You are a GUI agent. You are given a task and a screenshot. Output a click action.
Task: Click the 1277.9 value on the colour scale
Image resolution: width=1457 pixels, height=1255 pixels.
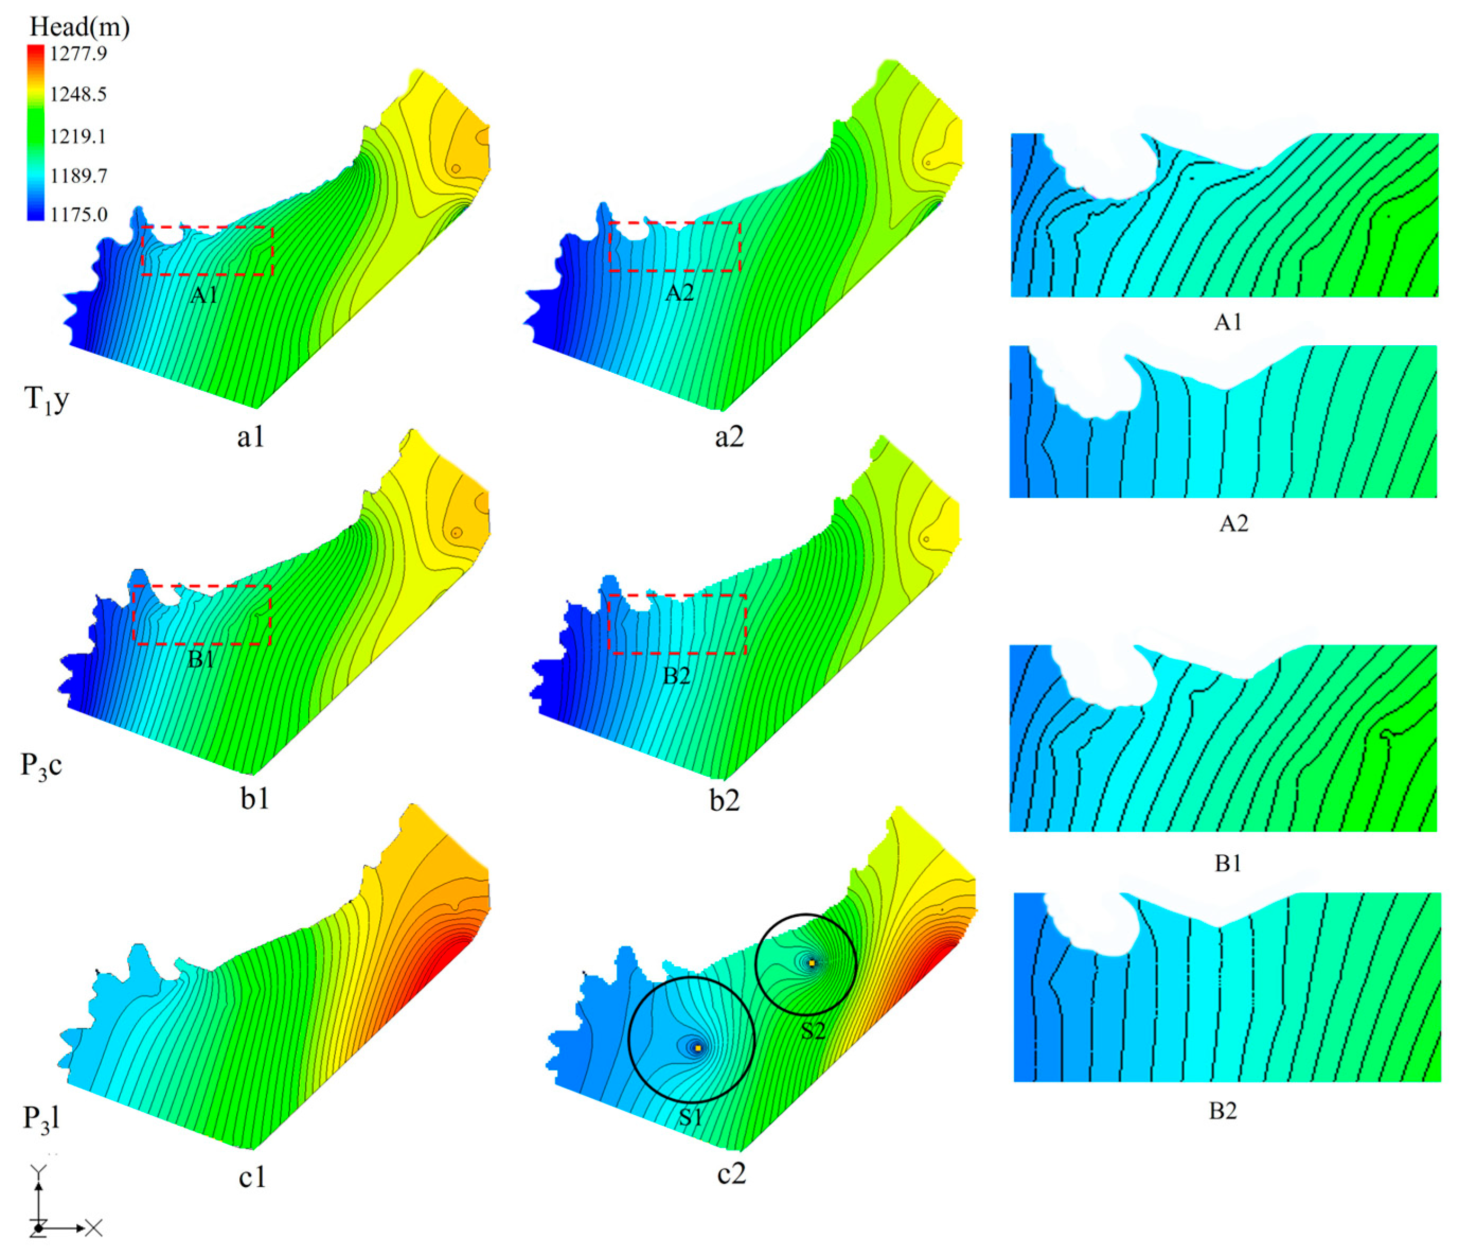click(78, 53)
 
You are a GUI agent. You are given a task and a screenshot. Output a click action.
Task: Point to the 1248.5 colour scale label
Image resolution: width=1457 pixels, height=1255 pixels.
click(78, 94)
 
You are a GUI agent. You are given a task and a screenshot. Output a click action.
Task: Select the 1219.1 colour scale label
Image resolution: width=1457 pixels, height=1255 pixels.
click(78, 136)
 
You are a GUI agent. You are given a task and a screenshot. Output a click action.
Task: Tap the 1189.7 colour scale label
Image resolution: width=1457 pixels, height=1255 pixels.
click(78, 175)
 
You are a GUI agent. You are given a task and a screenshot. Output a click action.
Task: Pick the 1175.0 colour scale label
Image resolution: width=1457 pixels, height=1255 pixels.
click(78, 214)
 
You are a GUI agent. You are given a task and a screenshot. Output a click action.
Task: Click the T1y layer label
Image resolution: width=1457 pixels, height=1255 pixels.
click(47, 400)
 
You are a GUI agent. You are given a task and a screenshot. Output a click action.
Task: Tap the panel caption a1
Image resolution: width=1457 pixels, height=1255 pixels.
click(251, 437)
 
